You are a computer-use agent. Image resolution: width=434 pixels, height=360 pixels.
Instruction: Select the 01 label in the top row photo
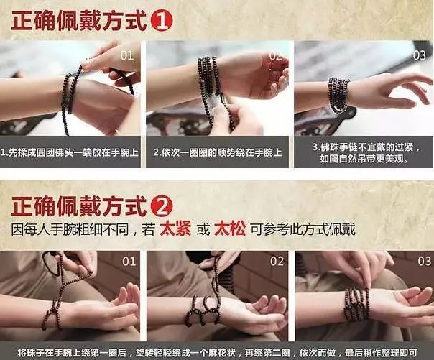pos(126,55)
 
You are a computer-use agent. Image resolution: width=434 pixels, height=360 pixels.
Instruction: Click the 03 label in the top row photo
pos(419,55)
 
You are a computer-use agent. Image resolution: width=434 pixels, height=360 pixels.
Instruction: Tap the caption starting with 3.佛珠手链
pos(364,152)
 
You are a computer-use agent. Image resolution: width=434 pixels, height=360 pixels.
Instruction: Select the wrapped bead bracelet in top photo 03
pos(338,96)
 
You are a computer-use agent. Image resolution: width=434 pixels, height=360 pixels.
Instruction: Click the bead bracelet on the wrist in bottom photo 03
pos(356,305)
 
